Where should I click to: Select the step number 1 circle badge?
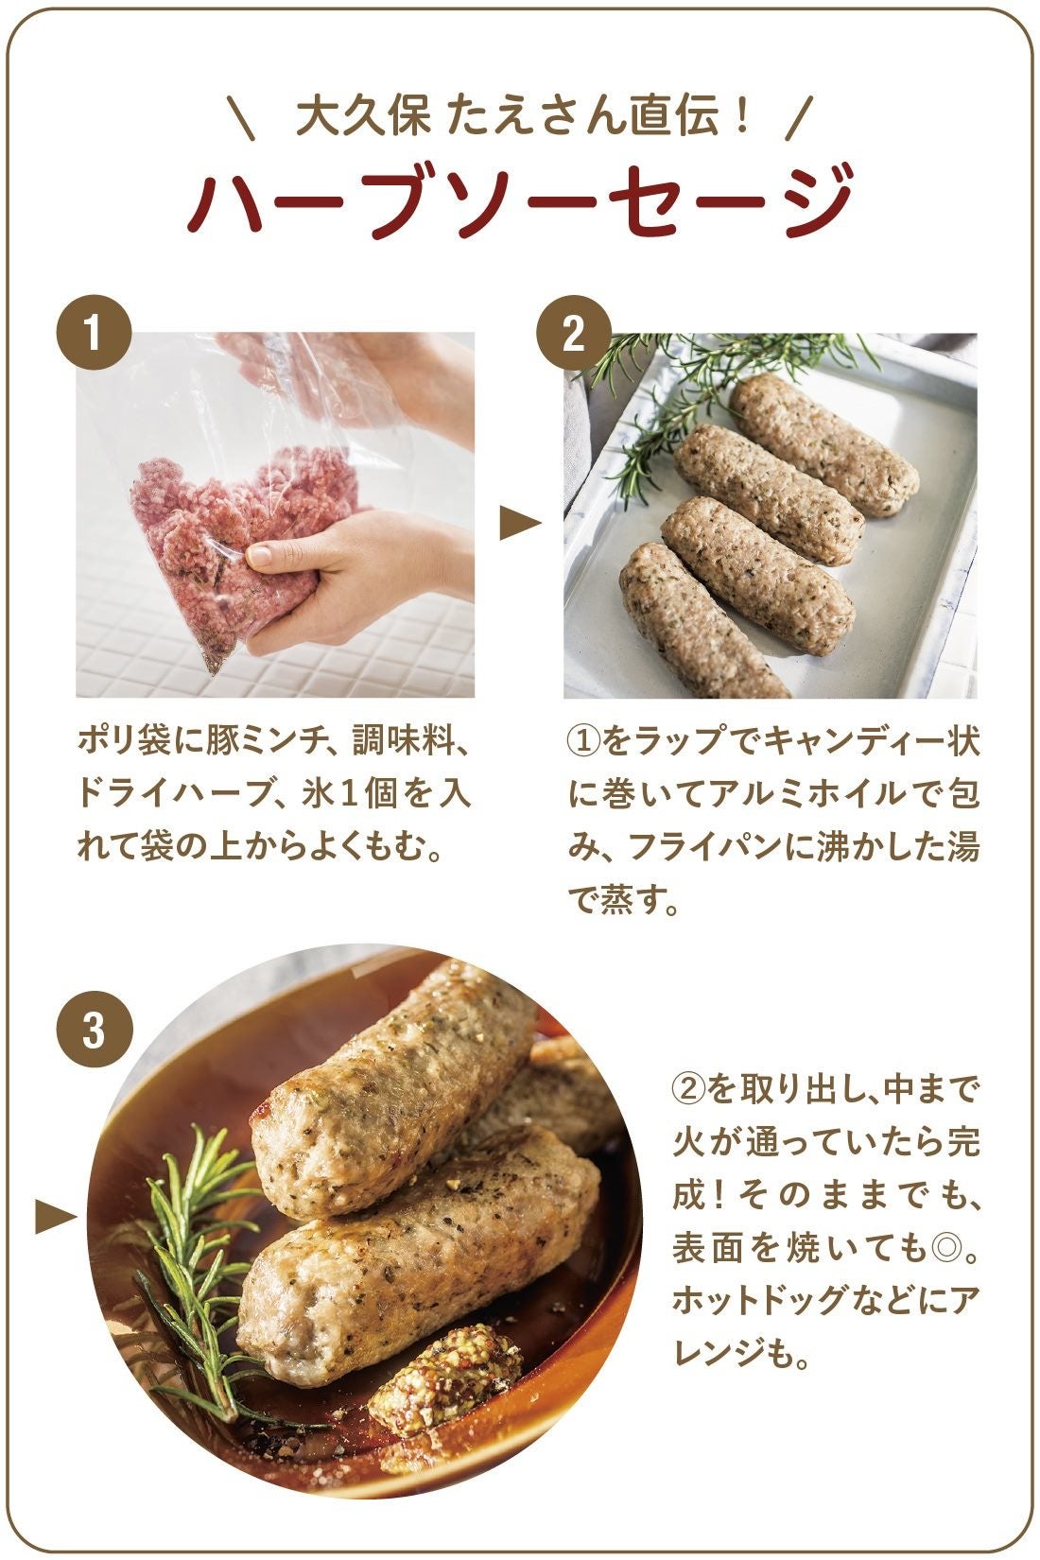[93, 335]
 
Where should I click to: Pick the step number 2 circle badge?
[573, 335]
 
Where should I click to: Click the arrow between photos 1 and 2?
[519, 523]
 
